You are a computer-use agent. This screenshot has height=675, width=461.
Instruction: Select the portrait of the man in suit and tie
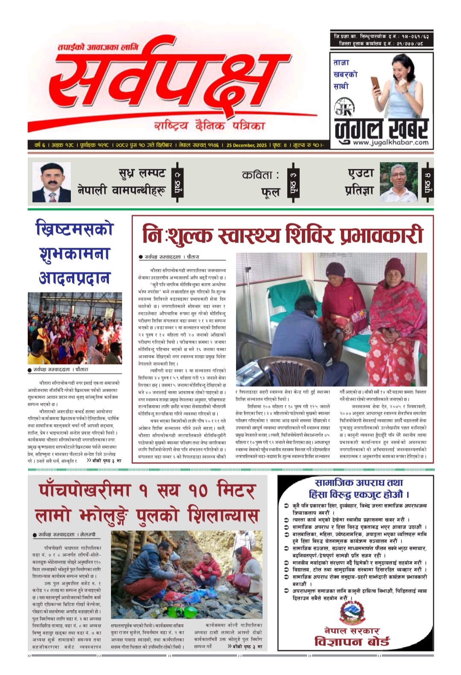(52, 182)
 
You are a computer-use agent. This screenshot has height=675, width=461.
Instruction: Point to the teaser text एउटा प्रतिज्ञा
(360, 182)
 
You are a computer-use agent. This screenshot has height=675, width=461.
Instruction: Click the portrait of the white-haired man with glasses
(398, 182)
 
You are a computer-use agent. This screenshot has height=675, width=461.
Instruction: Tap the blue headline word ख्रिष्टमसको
(75, 229)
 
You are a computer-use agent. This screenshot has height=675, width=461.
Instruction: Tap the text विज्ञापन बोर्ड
(352, 641)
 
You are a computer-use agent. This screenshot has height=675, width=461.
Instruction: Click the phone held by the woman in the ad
(375, 83)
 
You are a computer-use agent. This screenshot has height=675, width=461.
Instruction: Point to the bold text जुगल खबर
(381, 127)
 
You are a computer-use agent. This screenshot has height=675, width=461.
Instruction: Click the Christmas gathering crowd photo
(75, 328)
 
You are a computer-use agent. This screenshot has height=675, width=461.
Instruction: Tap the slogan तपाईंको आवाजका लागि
(98, 47)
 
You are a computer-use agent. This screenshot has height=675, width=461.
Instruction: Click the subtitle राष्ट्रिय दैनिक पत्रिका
(210, 125)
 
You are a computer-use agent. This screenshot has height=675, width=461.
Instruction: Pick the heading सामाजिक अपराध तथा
(359, 483)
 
